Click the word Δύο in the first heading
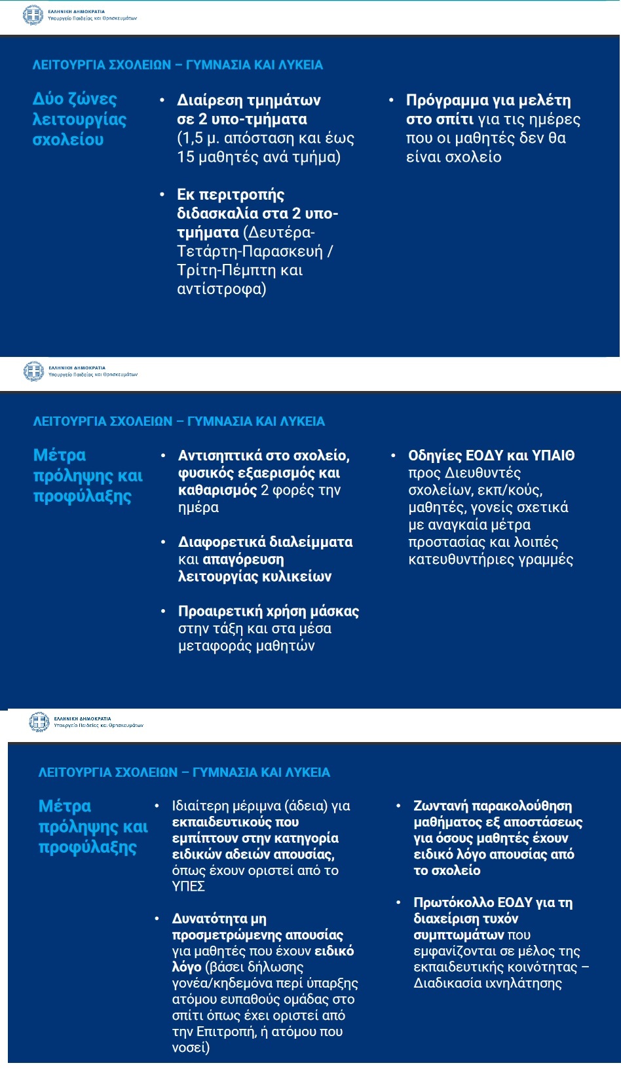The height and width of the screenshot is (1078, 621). [x=48, y=99]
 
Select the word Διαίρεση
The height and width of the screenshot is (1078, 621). [x=213, y=100]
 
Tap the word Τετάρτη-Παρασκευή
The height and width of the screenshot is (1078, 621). [x=250, y=251]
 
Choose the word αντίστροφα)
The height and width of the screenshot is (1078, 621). [x=221, y=289]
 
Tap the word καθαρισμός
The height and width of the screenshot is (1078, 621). [x=217, y=490]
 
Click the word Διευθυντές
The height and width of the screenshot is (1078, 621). [x=483, y=473]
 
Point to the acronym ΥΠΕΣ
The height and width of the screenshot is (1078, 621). [x=189, y=887]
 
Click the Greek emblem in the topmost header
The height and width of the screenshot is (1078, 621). [x=33, y=15]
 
